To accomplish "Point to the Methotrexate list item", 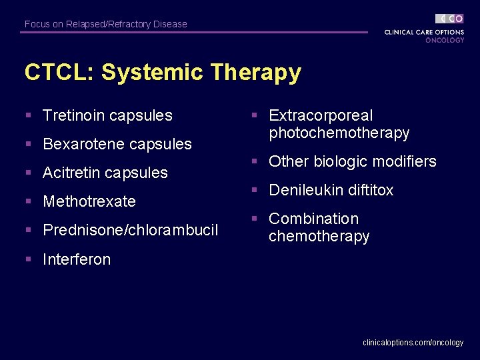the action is pos(89,201).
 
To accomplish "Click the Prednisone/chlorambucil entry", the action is pos(130,230).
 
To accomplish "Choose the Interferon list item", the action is pos(77,259).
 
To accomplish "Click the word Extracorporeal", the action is pos(321,116).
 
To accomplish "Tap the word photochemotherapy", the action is pos(339,133).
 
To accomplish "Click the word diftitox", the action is pos(369,190).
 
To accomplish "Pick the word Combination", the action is pos(313,219).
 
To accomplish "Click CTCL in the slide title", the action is pos(57,72).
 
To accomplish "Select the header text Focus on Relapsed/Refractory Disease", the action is pos(106,24).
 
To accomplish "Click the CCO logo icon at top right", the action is pos(450,19).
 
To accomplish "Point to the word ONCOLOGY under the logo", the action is pos(445,40).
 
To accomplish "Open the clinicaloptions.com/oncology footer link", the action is pos(413,342).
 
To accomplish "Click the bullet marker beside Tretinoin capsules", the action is pos(28,115).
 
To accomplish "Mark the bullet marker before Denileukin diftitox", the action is pos(254,190).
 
